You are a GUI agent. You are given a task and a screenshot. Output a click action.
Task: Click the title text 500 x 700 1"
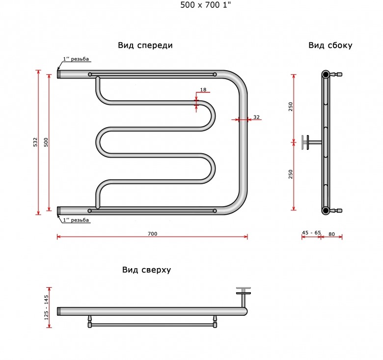tap(205, 5)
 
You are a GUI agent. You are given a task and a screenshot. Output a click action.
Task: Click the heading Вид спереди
tap(145, 45)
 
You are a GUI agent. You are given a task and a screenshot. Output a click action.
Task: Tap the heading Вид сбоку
tap(330, 45)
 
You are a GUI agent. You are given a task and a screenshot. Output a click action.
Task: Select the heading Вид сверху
tap(146, 270)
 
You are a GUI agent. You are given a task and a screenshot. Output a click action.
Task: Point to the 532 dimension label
tap(36, 142)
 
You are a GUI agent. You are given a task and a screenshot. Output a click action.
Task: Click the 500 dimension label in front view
tap(46, 142)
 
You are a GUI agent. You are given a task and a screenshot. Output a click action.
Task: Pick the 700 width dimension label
tap(152, 234)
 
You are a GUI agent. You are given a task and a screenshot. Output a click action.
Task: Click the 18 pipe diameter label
tap(203, 90)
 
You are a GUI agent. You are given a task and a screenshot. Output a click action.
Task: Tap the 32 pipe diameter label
tap(256, 117)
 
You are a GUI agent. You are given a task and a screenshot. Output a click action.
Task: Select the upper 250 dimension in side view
tap(290, 107)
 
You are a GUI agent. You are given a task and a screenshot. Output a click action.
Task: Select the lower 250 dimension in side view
tap(290, 174)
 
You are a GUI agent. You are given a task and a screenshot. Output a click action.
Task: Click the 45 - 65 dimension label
tap(311, 232)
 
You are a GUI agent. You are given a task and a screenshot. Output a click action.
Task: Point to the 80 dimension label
tap(331, 234)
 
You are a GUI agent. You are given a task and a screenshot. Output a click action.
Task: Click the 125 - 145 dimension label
tap(47, 307)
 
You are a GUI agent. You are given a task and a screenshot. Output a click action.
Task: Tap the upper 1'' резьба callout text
tap(76, 59)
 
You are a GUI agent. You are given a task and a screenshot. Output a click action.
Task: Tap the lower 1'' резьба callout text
tap(76, 220)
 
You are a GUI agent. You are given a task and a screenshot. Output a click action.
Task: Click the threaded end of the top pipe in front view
tap(59, 74)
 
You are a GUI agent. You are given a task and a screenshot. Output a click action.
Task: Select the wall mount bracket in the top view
tap(244, 297)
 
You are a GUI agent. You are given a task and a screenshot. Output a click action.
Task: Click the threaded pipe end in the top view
tap(59, 311)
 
